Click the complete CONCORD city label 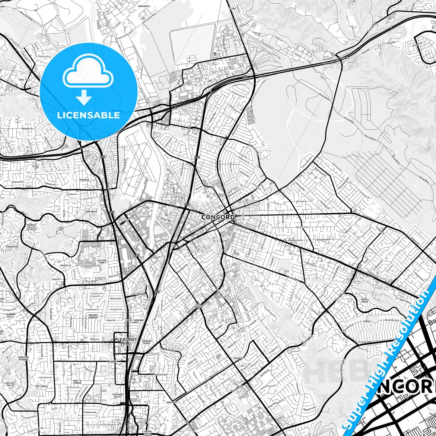[218, 217]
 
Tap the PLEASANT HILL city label [126, 341]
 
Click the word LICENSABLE [88, 115]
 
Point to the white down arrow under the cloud [84, 98]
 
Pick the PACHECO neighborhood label [84, 180]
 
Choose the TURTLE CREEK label [365, 301]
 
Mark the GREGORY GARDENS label [93, 316]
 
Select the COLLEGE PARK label [102, 262]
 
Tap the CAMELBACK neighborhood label [91, 212]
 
